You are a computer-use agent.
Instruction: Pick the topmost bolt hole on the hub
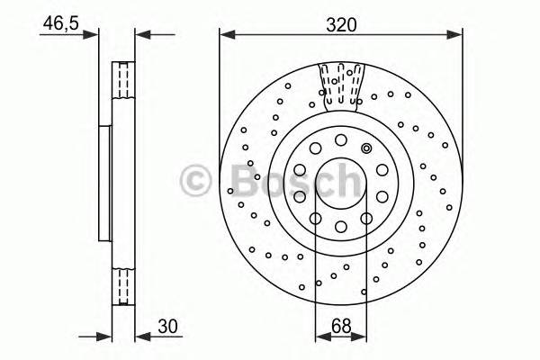coord(341,139)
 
